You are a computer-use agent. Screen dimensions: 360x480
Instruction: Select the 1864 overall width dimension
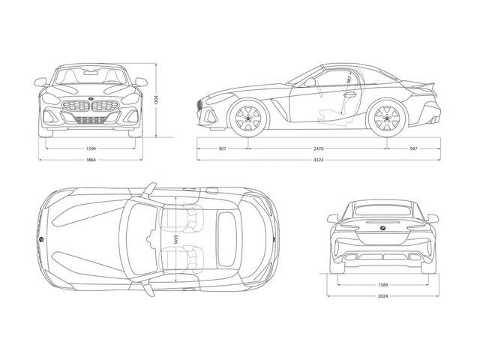coord(91,160)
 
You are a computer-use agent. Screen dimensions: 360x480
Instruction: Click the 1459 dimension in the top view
coord(175,239)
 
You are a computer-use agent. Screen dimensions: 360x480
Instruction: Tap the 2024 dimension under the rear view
coord(383,297)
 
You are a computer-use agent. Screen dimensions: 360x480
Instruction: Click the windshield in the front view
coord(91,76)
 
